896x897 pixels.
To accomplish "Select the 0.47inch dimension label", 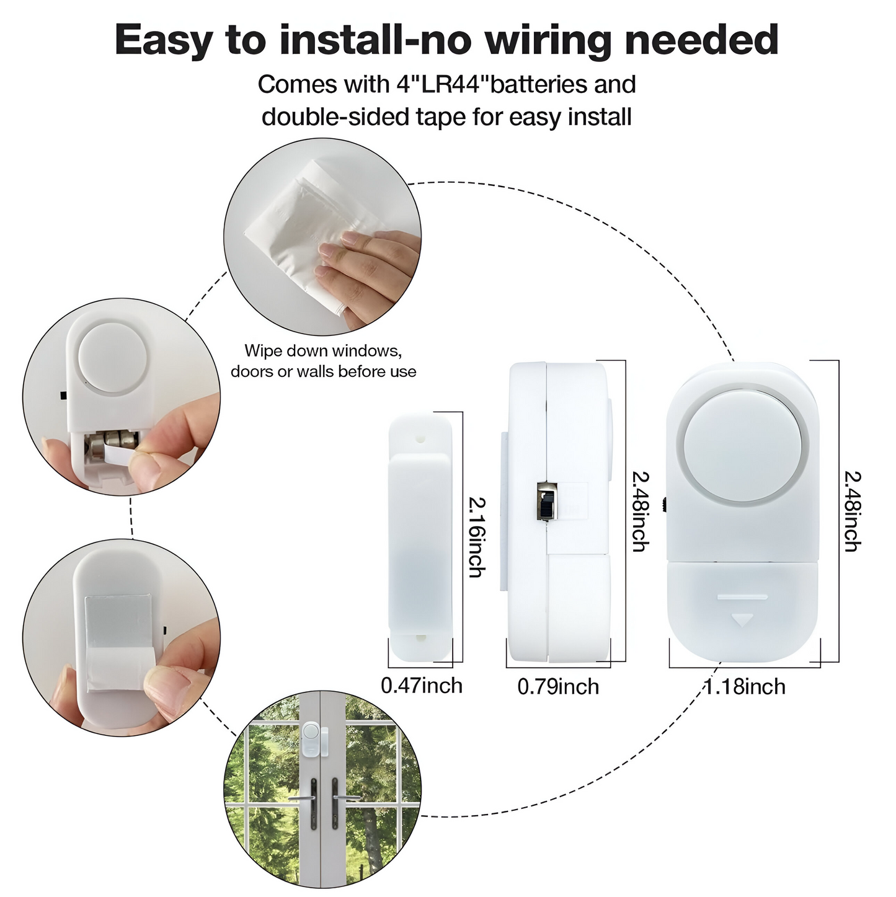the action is click(x=422, y=686).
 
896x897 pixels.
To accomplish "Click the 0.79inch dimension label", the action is click(x=558, y=687).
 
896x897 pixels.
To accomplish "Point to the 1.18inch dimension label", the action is click(x=744, y=687).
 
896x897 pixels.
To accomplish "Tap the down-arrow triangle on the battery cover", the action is click(x=742, y=620).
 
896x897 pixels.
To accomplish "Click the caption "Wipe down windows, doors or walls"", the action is click(x=323, y=361).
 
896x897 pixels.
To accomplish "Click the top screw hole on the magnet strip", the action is click(x=421, y=438).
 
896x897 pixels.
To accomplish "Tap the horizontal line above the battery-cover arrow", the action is click(x=742, y=596).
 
